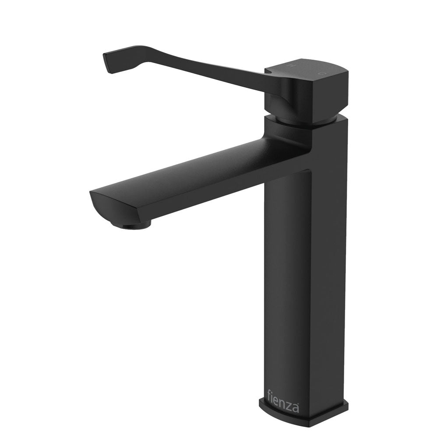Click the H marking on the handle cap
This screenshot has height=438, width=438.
[x=290, y=66]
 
